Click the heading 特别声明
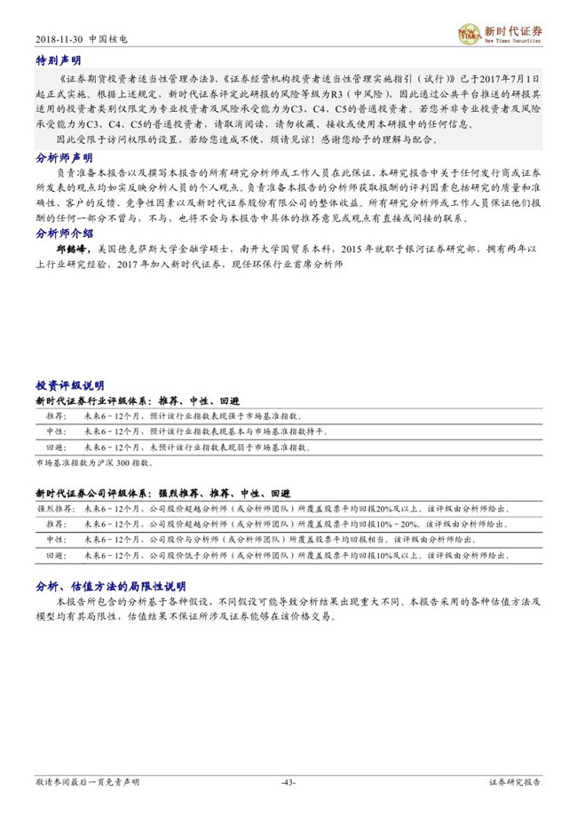[58, 60]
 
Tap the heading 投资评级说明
[69, 386]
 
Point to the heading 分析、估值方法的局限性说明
[110, 587]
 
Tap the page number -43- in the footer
[288, 782]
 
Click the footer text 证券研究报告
[515, 782]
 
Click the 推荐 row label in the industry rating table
[55, 415]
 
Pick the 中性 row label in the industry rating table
[55, 431]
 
